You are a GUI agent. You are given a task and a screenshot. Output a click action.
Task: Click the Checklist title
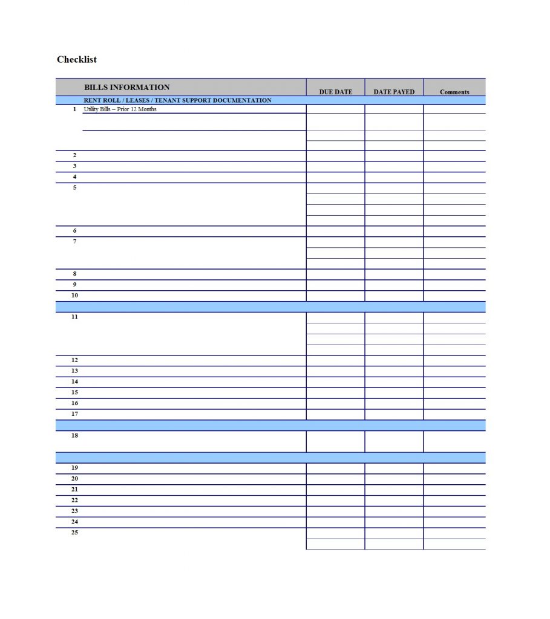[x=77, y=59]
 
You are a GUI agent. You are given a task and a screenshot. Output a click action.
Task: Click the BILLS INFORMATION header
[x=126, y=87]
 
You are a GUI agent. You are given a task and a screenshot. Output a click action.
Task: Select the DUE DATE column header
[x=335, y=92]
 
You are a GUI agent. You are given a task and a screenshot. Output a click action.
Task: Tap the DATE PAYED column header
[x=394, y=92]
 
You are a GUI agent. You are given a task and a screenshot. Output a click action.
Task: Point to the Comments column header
[x=454, y=92]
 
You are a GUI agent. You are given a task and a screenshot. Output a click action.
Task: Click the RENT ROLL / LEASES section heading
[x=177, y=100]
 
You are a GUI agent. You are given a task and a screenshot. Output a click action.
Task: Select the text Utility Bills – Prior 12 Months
[x=120, y=109]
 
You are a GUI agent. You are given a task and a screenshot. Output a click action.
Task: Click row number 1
[x=74, y=109]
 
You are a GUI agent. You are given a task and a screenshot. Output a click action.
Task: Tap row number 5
[x=74, y=187]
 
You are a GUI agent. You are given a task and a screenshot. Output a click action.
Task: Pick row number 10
[x=74, y=296]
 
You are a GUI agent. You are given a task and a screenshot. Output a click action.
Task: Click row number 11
[x=74, y=317]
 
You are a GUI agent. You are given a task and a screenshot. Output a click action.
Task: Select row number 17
[x=74, y=414]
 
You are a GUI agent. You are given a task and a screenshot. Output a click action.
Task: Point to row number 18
[x=74, y=435]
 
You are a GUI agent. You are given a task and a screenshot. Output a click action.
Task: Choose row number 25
[x=74, y=533]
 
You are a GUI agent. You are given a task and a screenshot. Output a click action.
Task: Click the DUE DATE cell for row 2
[x=335, y=156]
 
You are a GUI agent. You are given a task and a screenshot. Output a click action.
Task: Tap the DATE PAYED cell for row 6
[x=394, y=231]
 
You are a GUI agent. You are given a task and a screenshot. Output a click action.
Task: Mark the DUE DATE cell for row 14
[x=335, y=382]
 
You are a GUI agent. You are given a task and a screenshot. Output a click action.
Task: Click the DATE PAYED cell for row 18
[x=394, y=441]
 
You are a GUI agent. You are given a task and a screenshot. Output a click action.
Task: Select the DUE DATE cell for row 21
[x=335, y=490]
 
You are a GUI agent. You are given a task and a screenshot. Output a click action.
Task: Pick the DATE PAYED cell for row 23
[x=394, y=511]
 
